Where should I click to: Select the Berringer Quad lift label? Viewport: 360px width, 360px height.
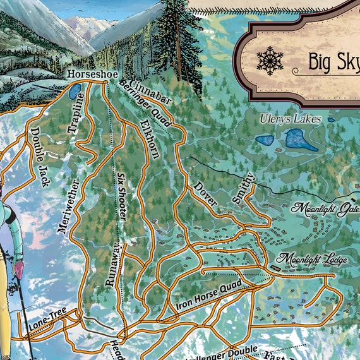tap(145, 105)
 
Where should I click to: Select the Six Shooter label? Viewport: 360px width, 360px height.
tap(121, 196)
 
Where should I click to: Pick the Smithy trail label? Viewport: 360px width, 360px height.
tap(243, 188)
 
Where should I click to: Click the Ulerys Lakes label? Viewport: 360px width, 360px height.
tap(291, 119)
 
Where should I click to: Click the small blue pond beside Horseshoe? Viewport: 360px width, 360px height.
tap(75, 92)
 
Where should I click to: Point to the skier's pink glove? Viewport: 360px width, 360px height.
tap(19, 270)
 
